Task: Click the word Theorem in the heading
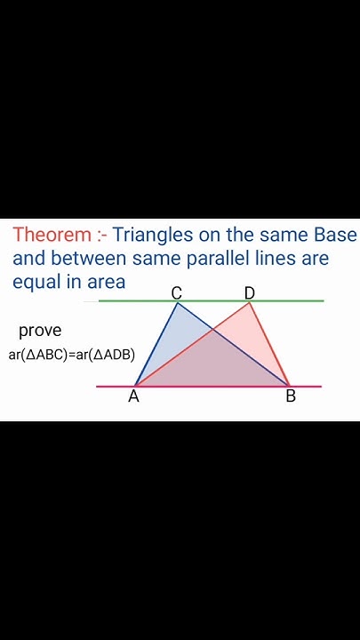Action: (52, 236)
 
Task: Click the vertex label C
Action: (177, 293)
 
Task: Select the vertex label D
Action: (250, 293)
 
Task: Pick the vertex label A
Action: (133, 396)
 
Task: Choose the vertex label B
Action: (291, 396)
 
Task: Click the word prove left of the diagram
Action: (40, 331)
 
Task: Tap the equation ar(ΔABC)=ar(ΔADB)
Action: (78, 355)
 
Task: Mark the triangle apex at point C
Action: (178, 303)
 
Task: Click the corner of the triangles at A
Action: (134, 386)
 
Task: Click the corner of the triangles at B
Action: (290, 386)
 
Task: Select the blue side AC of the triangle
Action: (156, 345)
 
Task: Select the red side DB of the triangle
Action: (270, 345)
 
